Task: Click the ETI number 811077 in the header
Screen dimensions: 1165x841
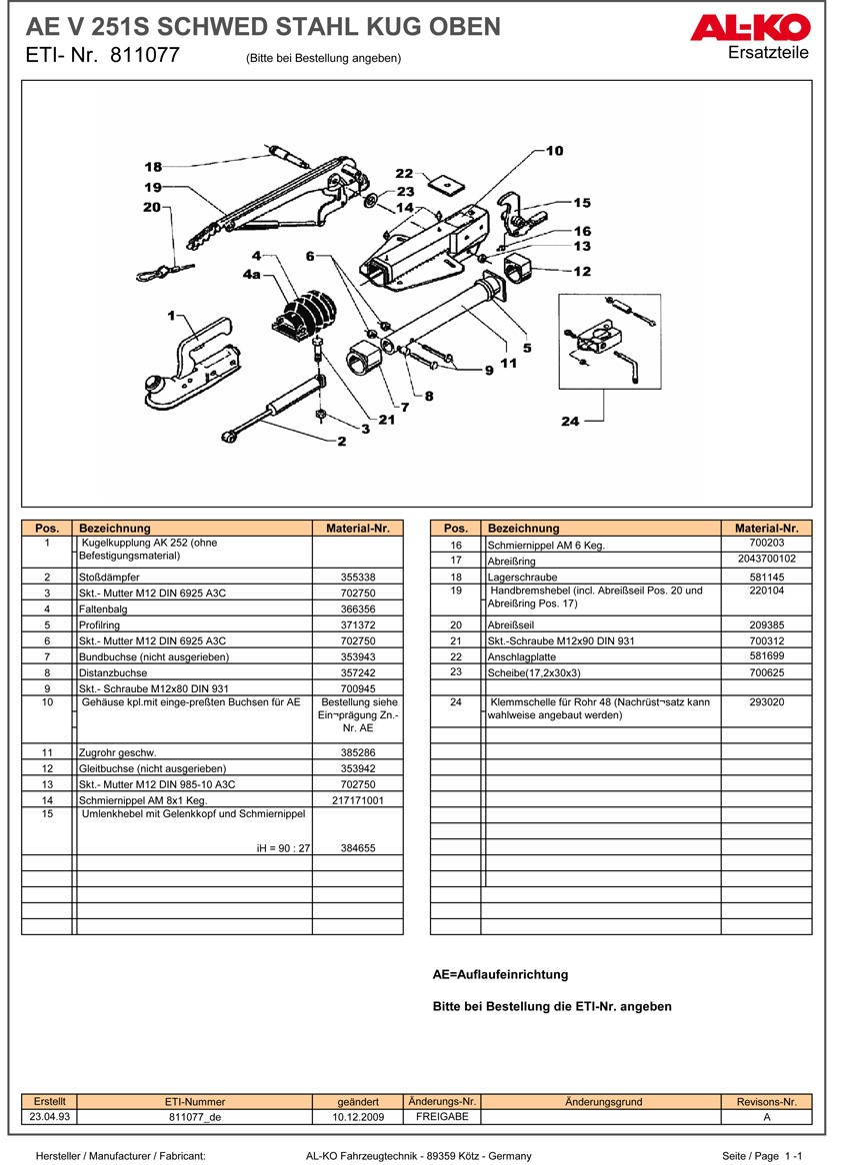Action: (x=144, y=55)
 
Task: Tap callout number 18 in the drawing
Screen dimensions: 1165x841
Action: (x=152, y=167)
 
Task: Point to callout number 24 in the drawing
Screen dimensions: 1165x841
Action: (x=570, y=422)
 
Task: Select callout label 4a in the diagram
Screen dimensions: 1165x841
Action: (x=249, y=274)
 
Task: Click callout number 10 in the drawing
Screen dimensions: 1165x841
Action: (x=554, y=150)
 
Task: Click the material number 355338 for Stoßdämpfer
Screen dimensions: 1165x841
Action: (x=357, y=578)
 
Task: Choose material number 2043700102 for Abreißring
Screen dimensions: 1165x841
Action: (x=766, y=560)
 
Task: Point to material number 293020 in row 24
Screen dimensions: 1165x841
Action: (x=766, y=702)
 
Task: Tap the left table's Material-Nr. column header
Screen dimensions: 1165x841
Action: (x=357, y=528)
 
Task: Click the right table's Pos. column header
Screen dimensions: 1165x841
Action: (x=455, y=528)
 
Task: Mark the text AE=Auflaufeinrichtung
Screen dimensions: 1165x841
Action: (x=500, y=974)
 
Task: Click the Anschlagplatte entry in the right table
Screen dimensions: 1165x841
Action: (x=518, y=656)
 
